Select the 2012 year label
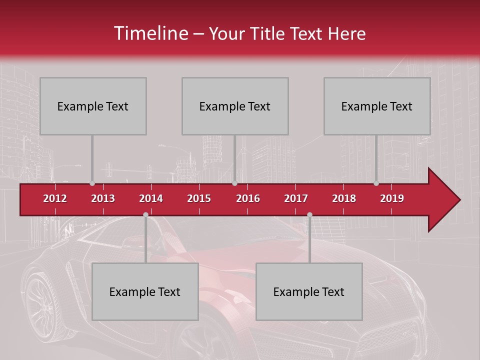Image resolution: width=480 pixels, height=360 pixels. coord(55,198)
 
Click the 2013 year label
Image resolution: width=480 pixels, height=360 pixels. coord(103,198)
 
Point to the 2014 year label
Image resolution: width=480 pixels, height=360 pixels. coord(151,198)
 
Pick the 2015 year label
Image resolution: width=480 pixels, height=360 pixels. coord(199,198)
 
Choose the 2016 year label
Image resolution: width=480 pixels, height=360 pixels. coord(248,198)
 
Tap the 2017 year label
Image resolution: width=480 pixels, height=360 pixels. coord(296,198)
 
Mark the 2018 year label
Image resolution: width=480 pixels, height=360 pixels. coord(344,198)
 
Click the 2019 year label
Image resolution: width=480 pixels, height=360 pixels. coord(392,198)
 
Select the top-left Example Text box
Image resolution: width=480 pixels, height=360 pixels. coord(93,106)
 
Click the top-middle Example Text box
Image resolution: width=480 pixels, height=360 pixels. coord(235,106)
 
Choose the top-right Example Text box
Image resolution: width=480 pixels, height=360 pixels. coord(377,106)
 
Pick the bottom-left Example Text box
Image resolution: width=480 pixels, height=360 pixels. coord(145,291)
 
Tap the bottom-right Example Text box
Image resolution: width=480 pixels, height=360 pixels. coord(309,291)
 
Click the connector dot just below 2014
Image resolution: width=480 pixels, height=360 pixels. coord(145,214)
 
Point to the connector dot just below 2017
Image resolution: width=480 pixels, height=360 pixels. coord(309,214)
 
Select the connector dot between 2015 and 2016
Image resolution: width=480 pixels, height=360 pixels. coord(234,183)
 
